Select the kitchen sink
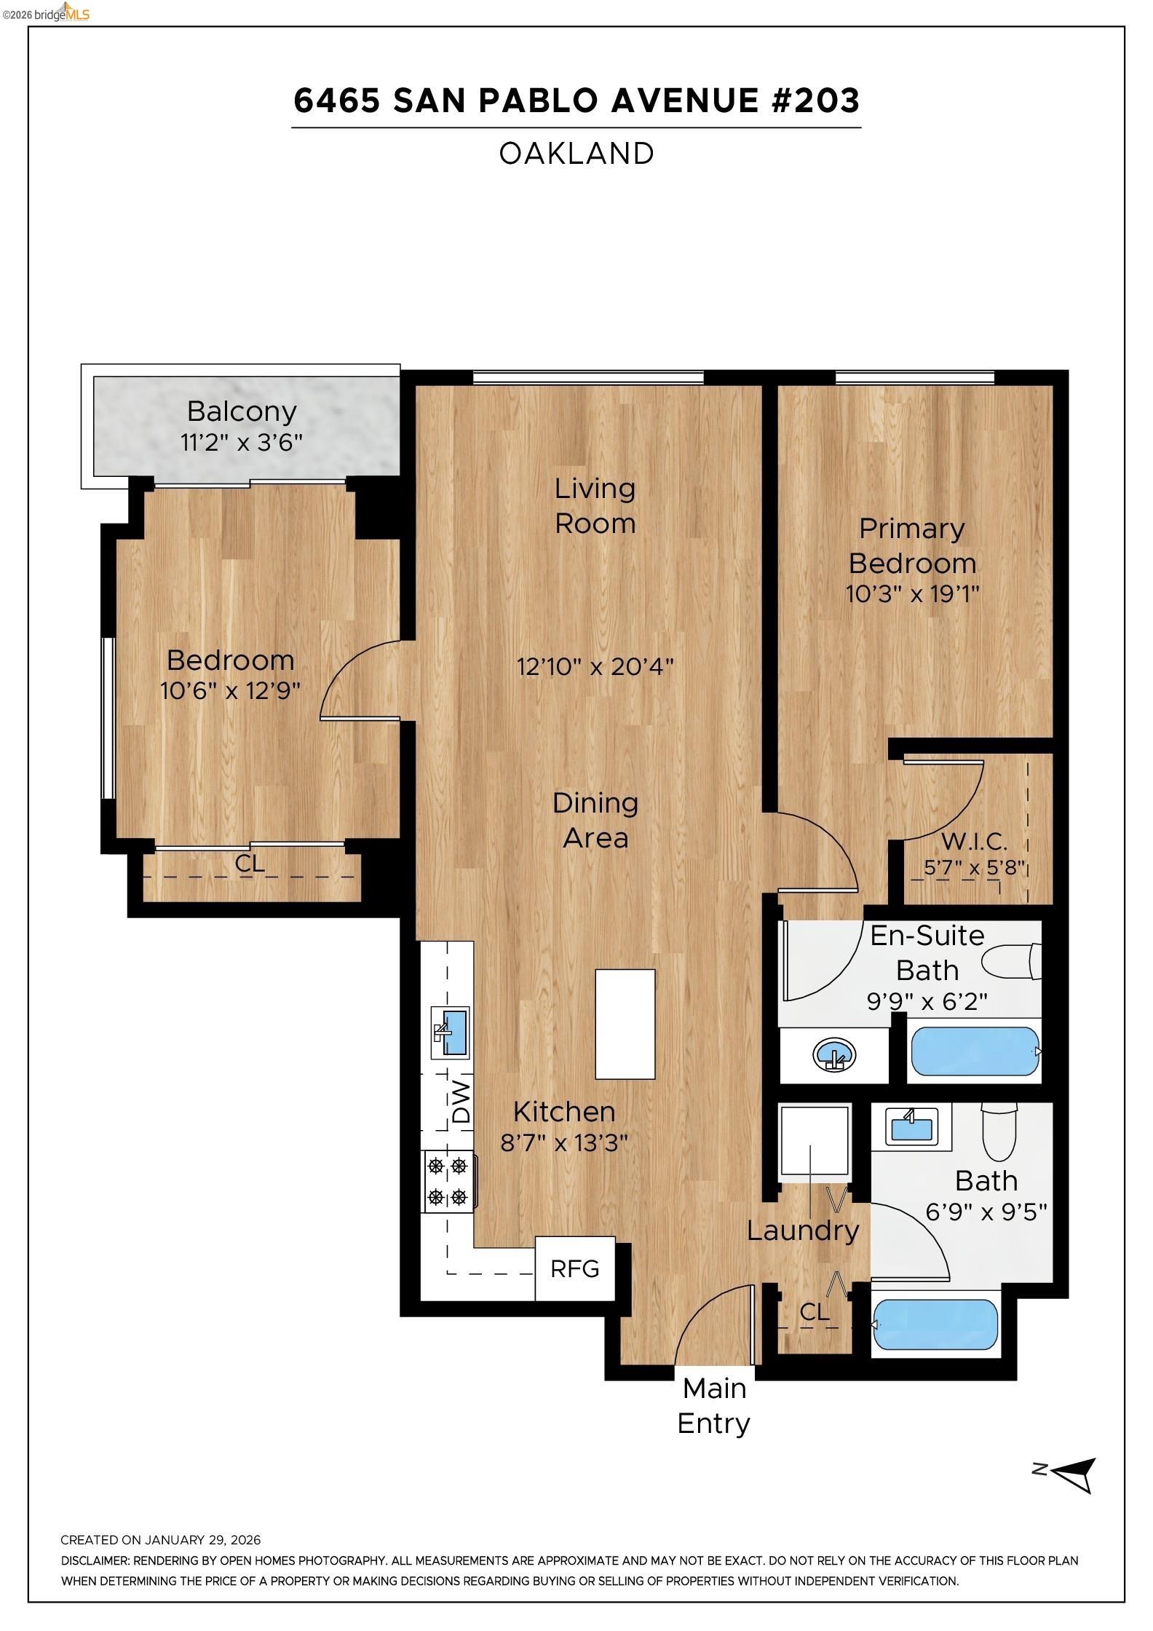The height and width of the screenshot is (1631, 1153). click(x=451, y=1032)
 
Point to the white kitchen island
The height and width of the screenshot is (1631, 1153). click(x=625, y=1024)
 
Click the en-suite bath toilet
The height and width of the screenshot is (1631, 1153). click(x=1013, y=961)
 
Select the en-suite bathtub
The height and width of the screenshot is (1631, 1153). click(x=975, y=1051)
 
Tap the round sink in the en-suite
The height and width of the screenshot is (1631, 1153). click(x=835, y=1055)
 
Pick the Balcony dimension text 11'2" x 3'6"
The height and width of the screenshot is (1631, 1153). click(x=241, y=442)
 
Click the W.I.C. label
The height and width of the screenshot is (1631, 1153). click(x=974, y=842)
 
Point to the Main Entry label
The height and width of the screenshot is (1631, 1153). click(x=714, y=1405)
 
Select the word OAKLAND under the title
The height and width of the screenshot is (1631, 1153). click(x=576, y=154)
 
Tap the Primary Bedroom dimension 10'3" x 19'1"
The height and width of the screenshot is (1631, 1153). click(x=912, y=594)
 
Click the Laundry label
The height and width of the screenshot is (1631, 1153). click(x=803, y=1231)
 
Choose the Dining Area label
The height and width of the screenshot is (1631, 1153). click(x=595, y=820)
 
